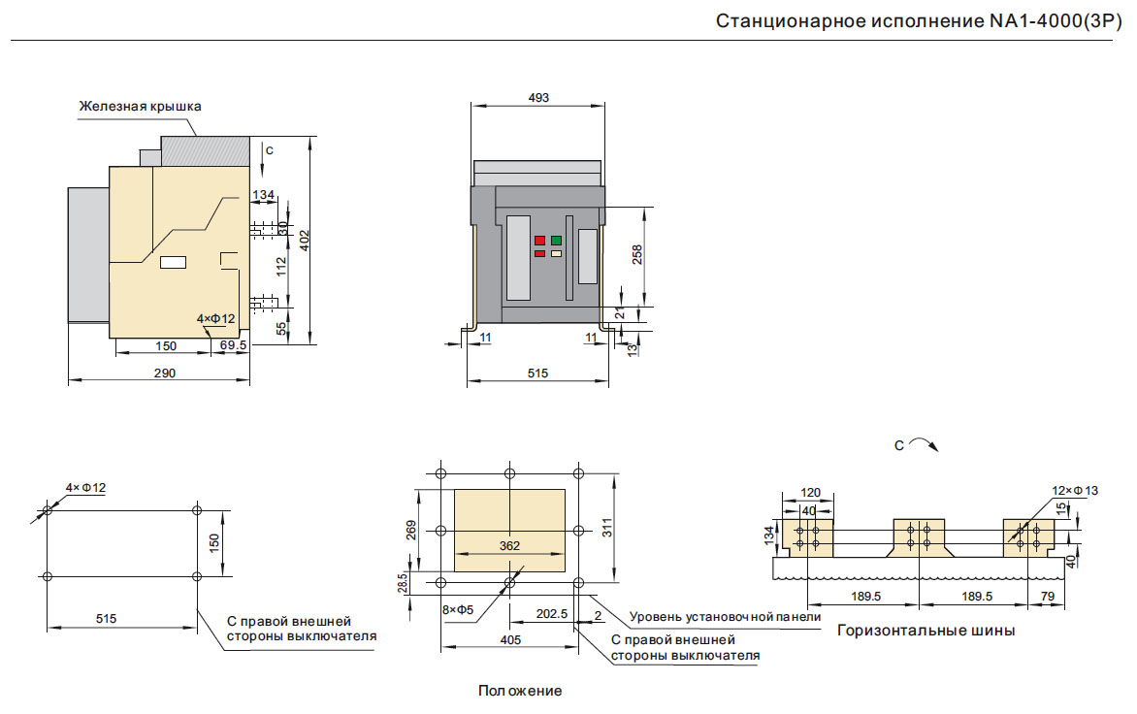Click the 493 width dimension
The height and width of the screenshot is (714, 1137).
[538, 97]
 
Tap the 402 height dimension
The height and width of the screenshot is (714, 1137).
[303, 239]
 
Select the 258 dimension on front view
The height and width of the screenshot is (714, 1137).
[637, 254]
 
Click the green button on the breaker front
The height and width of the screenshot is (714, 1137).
[556, 240]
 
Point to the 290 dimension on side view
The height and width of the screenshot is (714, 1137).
[165, 373]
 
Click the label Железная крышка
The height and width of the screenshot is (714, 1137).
[140, 106]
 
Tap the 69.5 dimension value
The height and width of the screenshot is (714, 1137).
[233, 345]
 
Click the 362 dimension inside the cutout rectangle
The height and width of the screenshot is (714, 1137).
[509, 545]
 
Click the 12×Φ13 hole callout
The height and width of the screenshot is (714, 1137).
[1075, 491]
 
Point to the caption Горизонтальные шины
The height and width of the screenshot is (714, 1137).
[926, 631]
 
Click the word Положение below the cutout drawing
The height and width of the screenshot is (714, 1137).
[520, 691]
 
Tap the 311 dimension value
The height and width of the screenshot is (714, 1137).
[607, 528]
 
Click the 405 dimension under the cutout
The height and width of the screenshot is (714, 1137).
[511, 639]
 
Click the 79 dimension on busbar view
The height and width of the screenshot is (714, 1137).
[1048, 596]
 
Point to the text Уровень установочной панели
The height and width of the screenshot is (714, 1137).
[725, 616]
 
